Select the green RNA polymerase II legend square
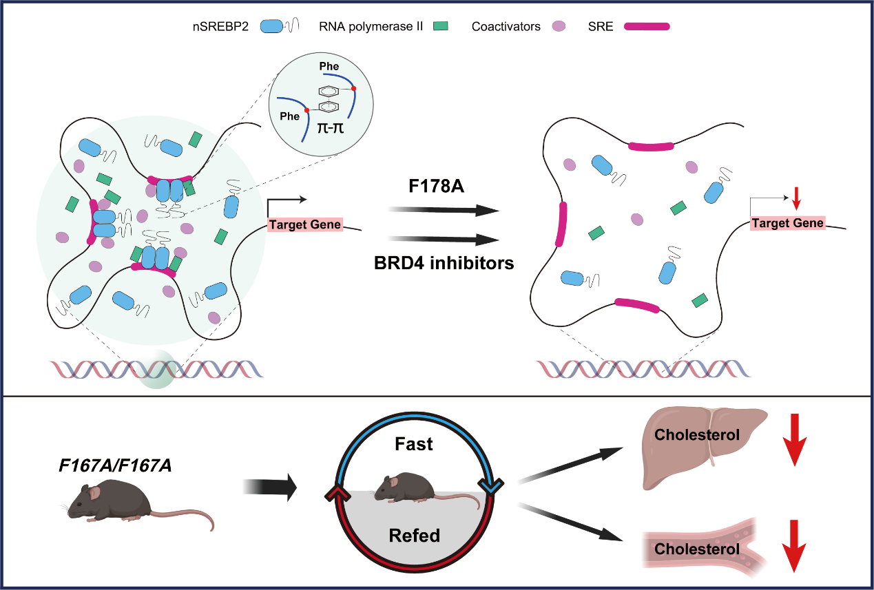pyautogui.click(x=440, y=27)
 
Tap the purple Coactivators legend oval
pyautogui.click(x=559, y=27)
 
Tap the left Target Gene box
pyautogui.click(x=304, y=224)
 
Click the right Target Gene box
pyautogui.click(x=787, y=222)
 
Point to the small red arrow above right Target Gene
pyautogui.click(x=796, y=198)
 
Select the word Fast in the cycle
pyautogui.click(x=414, y=444)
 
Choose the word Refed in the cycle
pyautogui.click(x=414, y=535)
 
